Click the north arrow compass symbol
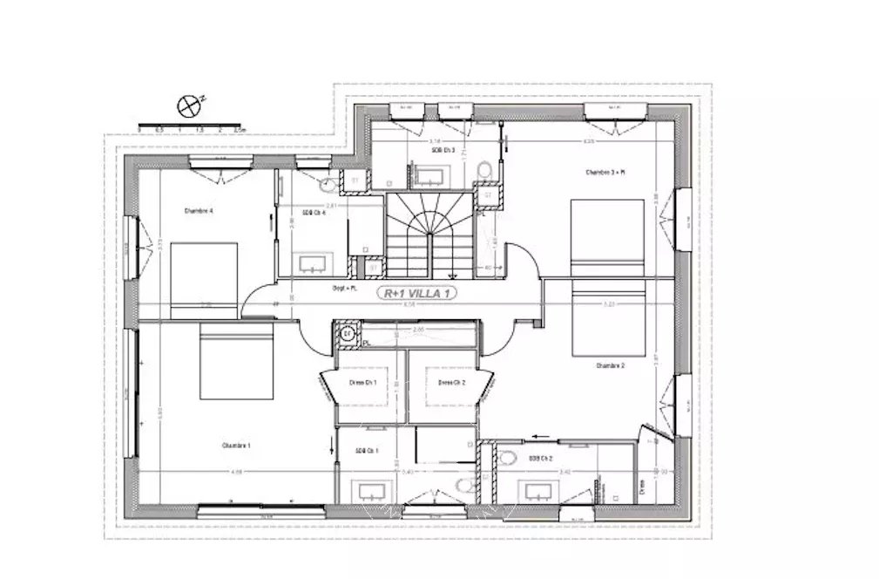click(189, 106)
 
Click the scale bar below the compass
click(191, 122)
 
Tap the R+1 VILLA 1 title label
click(417, 294)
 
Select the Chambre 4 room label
click(199, 210)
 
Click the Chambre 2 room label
click(610, 366)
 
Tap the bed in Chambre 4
click(204, 280)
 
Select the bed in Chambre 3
click(607, 235)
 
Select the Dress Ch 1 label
click(362, 383)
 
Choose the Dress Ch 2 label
click(451, 383)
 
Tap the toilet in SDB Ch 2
click(508, 459)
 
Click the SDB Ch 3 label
click(443, 150)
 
